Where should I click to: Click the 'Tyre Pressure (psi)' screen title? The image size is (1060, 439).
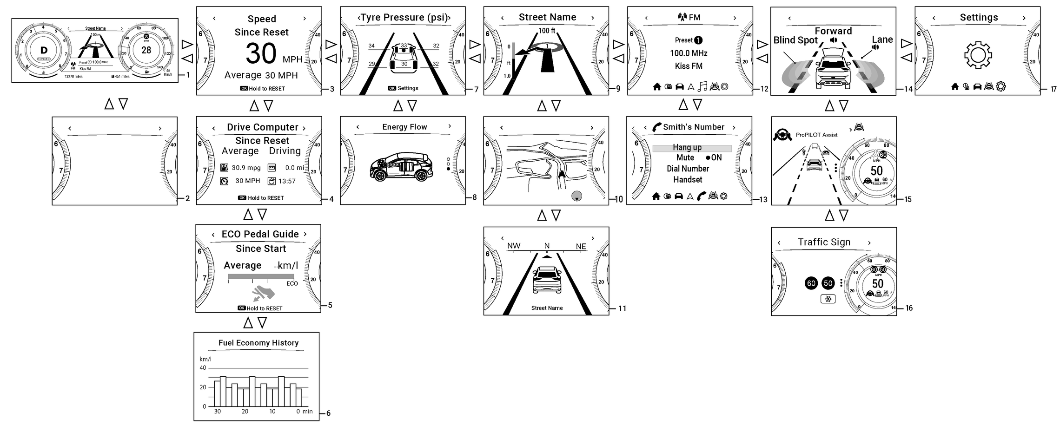[x=404, y=18]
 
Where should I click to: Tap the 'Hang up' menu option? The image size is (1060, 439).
[x=687, y=148]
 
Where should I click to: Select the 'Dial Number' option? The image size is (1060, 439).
[x=688, y=169]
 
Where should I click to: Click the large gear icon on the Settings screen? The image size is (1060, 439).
[x=978, y=55]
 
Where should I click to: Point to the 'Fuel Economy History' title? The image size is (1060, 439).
[x=258, y=343]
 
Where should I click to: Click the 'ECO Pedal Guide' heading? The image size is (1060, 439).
[x=260, y=234]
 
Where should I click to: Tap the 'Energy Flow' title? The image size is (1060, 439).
[x=404, y=127]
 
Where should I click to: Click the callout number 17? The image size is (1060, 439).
[x=1053, y=89]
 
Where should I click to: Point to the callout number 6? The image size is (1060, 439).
[x=328, y=413]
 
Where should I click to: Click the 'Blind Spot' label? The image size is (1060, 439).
[x=795, y=40]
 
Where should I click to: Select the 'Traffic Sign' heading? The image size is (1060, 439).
[x=824, y=242]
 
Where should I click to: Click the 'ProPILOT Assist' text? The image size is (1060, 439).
[x=816, y=135]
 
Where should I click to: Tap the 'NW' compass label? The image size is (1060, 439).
[x=514, y=246]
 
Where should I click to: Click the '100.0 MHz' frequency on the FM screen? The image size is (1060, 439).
[x=689, y=53]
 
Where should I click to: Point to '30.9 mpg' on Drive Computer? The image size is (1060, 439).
[x=246, y=168]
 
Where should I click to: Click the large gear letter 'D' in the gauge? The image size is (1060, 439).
[x=44, y=51]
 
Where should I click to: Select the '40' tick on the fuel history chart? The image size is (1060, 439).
[x=203, y=368]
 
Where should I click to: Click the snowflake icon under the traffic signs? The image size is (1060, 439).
[x=828, y=299]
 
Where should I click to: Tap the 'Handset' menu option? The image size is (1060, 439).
[x=688, y=180]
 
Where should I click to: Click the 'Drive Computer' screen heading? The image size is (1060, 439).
[x=262, y=127]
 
